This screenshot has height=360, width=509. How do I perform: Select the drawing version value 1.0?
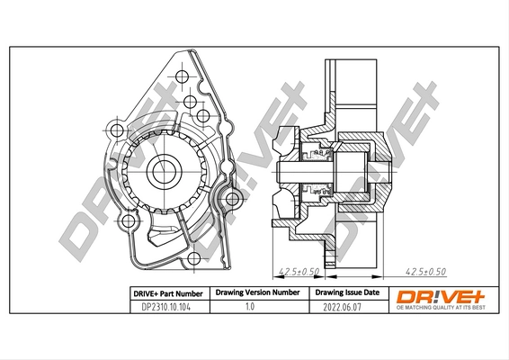coord(255,307)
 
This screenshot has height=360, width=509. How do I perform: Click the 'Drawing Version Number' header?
coord(256,293)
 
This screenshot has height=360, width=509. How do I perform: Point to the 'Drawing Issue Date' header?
coord(347,293)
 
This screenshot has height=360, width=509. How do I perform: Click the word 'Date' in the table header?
coord(370,293)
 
